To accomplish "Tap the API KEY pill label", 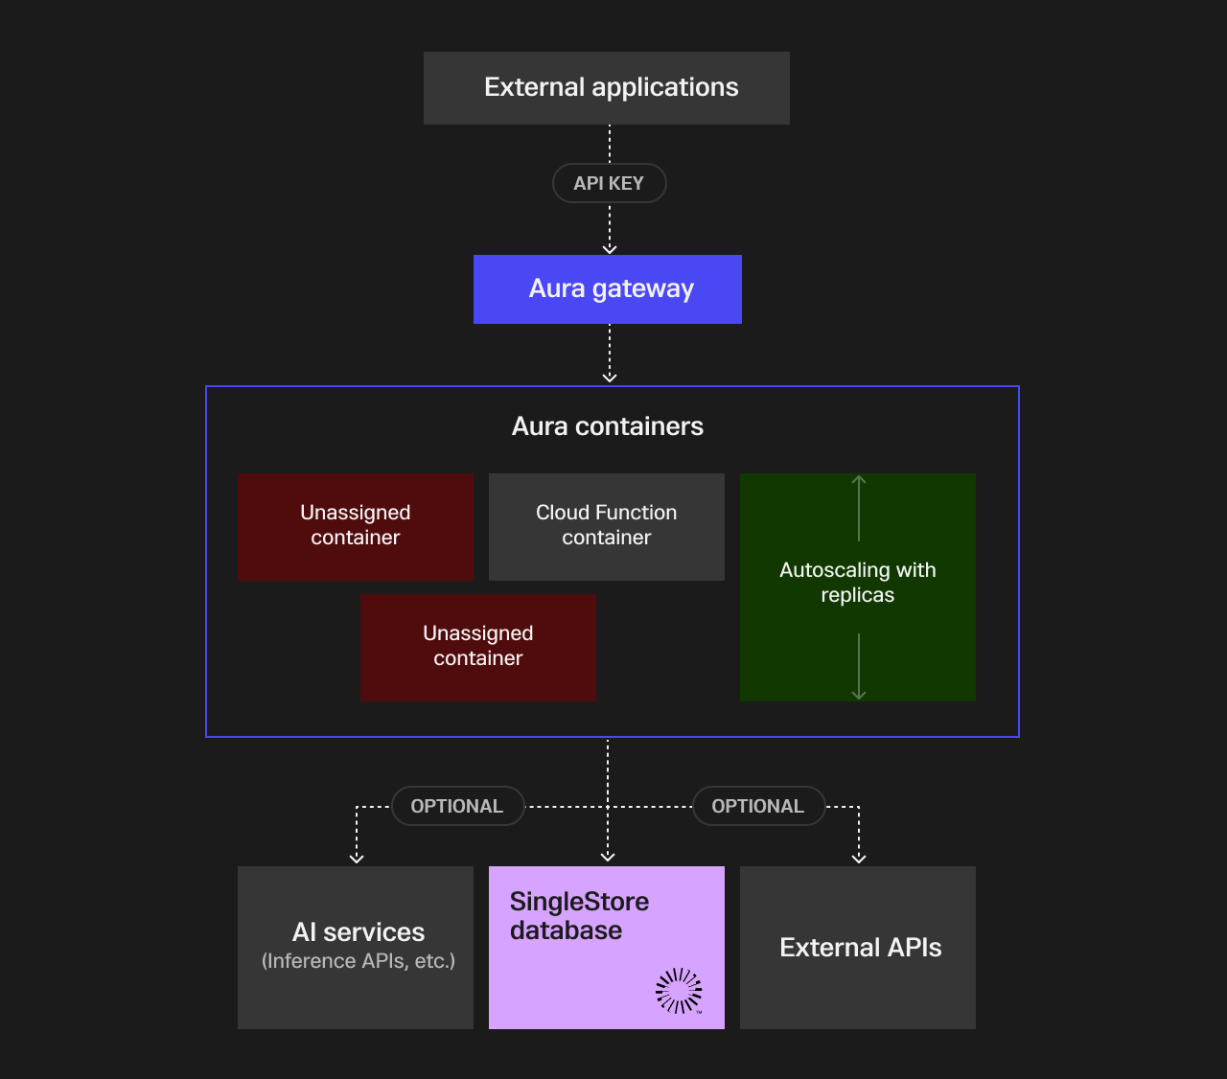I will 609,183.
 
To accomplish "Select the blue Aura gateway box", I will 607,289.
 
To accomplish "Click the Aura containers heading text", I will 607,426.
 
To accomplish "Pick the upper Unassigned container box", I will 355,526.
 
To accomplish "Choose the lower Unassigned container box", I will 477,647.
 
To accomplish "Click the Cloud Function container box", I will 606,526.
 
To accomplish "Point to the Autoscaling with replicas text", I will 857,583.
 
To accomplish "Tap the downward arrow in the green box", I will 859,667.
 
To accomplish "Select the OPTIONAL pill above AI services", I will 457,807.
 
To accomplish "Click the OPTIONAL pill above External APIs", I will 758,807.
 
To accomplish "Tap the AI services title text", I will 358,932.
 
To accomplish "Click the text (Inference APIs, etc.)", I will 358,961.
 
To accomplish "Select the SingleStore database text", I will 579,916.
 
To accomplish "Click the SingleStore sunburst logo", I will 679,991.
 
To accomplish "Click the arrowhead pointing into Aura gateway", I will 610,249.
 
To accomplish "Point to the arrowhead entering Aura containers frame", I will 610,378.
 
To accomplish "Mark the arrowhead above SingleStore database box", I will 608,857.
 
